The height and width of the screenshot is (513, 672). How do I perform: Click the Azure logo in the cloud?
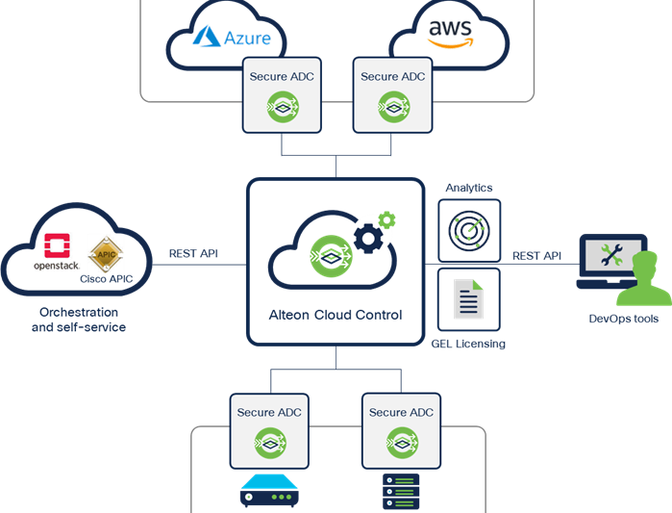[232, 38]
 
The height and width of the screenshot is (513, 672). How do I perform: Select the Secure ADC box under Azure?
[282, 93]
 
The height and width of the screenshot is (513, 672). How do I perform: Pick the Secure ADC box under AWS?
[392, 93]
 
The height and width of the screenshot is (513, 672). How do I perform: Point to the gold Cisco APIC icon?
[105, 252]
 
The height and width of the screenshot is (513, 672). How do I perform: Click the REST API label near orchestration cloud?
[193, 254]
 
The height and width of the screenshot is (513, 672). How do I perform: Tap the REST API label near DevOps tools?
[536, 256]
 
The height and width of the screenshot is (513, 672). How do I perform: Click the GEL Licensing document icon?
[469, 299]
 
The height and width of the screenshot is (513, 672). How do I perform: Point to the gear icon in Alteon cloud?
[372, 234]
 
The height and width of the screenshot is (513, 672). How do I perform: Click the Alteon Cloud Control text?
[335, 315]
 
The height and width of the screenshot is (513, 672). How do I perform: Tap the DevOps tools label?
[624, 319]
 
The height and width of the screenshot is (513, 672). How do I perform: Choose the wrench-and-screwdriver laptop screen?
[610, 256]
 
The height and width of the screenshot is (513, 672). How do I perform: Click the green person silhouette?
[643, 285]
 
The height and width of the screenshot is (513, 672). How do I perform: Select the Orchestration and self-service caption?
[79, 320]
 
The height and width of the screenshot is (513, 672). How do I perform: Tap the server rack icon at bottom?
[401, 493]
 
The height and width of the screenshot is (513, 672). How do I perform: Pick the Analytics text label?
[469, 189]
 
